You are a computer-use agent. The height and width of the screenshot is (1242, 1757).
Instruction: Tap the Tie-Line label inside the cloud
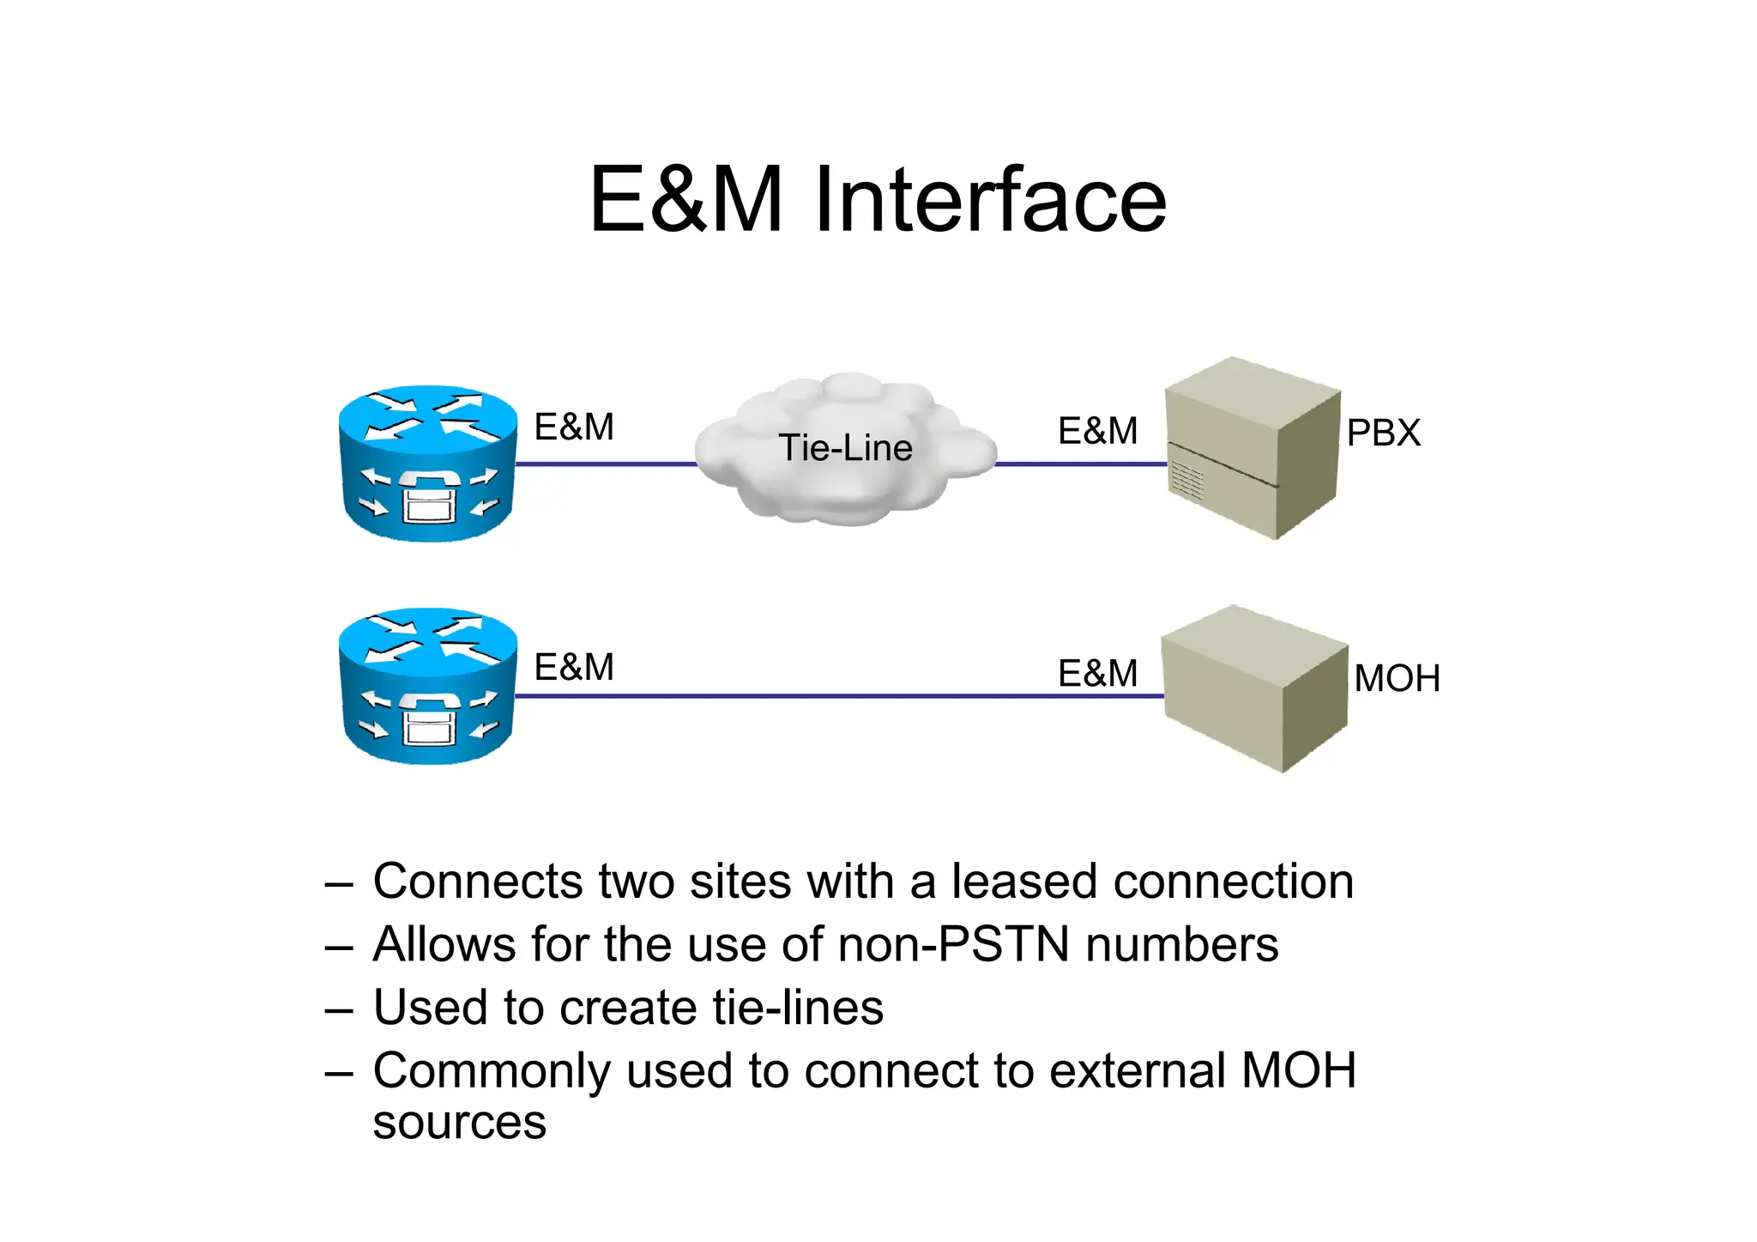coord(845,448)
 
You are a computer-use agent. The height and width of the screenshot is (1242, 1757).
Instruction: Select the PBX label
coord(1383,433)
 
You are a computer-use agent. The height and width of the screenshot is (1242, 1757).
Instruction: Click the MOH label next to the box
coord(1397,678)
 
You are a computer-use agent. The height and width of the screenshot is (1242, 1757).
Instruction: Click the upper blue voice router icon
coord(428,463)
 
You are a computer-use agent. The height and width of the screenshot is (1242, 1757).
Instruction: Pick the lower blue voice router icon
coord(428,687)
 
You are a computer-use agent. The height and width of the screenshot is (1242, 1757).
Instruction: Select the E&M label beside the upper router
coord(574,427)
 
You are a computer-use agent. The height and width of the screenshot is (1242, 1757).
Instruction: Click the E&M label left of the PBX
coord(1097,431)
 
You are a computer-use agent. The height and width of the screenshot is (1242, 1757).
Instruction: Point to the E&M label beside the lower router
coord(574,667)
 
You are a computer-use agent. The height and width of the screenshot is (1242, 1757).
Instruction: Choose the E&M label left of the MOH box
coord(1097,673)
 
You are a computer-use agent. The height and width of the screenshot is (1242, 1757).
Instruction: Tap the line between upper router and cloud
coord(605,464)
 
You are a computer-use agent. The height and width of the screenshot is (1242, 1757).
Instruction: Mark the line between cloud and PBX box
coord(1079,464)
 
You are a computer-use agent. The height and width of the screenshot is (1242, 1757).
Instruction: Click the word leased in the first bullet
coord(1023,882)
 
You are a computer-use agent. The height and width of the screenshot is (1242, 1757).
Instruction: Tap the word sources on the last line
coord(459,1123)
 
